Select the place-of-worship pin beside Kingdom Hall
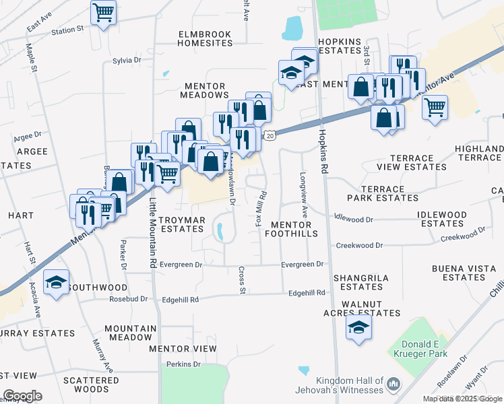pyautogui.click(x=393, y=384)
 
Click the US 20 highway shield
pyautogui.click(x=269, y=136)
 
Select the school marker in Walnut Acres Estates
pyautogui.click(x=358, y=328)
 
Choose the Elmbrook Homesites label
pyautogui.click(x=204, y=38)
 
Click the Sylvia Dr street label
pyautogui.click(x=127, y=61)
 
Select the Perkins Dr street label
pyautogui.click(x=184, y=364)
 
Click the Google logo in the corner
pyautogui.click(x=22, y=396)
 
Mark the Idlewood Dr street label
pyautogui.click(x=354, y=220)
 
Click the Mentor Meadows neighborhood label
pyautogui.click(x=204, y=90)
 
